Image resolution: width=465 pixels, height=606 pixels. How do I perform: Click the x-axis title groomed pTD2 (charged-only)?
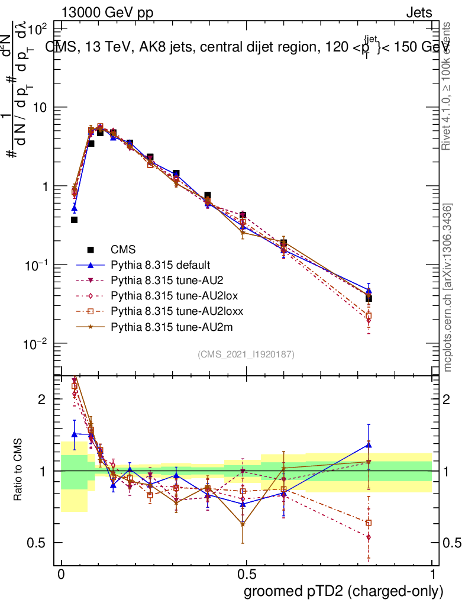(x=343, y=591)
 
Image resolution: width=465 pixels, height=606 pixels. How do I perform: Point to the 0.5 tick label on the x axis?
(x=246, y=575)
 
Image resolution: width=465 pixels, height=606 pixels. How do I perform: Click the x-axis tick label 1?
(x=432, y=575)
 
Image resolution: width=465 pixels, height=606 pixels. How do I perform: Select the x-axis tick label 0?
(x=61, y=575)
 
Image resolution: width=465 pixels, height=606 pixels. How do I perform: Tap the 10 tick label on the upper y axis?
(x=42, y=107)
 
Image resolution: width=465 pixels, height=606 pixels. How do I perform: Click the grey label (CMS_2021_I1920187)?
(x=246, y=354)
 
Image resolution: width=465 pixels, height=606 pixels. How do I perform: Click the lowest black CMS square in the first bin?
(x=75, y=220)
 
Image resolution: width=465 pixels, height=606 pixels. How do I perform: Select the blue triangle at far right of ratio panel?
(x=369, y=444)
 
